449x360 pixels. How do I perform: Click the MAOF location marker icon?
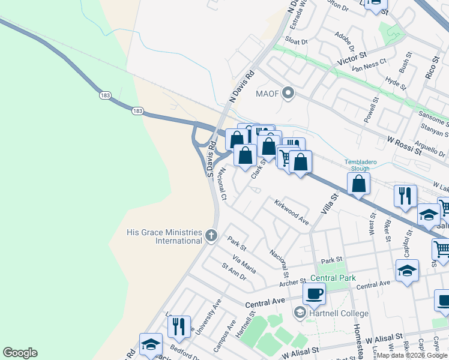289,93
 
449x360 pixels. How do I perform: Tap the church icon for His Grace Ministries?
211,235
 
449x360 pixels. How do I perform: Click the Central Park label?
333,278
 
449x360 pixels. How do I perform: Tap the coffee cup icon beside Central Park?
314,293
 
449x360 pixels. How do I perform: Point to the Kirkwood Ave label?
292,212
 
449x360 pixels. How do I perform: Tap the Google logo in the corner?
20,353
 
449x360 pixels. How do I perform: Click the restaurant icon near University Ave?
179,326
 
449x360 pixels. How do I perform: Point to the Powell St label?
372,113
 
